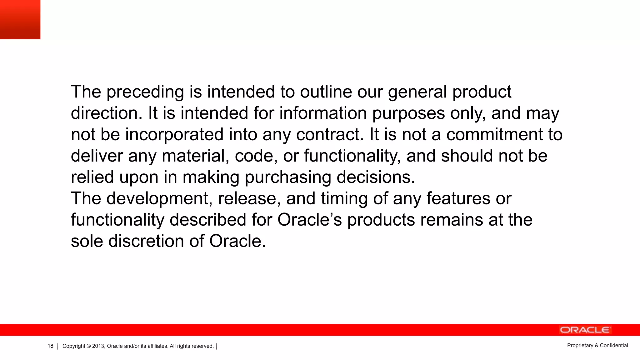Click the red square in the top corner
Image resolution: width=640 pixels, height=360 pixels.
coord(20,19)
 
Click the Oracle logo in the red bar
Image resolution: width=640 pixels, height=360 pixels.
coord(585,330)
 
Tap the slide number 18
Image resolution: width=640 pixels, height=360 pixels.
coord(50,346)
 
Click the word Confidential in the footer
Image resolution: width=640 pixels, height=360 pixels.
coord(614,345)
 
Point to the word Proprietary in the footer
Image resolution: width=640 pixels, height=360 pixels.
coord(580,345)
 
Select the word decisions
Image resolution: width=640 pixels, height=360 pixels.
coord(376,177)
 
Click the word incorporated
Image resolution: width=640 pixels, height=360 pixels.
coord(174,135)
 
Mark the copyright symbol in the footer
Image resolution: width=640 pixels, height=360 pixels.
coord(88,346)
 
